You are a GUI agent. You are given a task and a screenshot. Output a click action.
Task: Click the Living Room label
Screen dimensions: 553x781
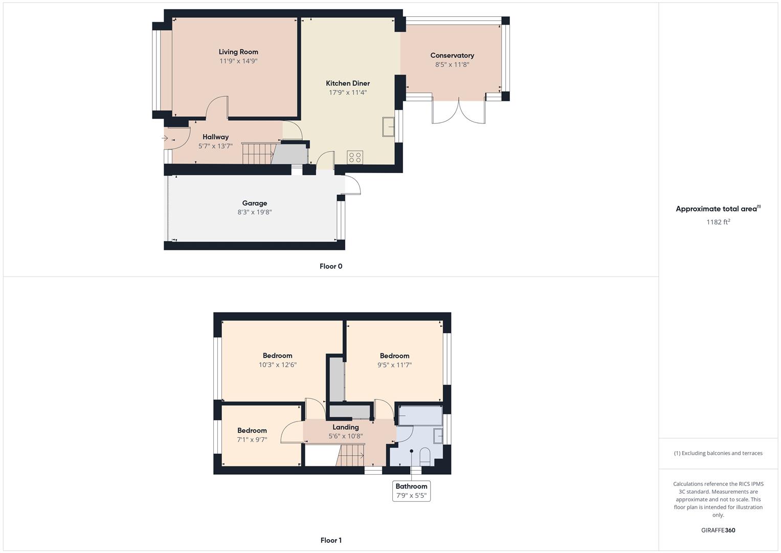coord(238,52)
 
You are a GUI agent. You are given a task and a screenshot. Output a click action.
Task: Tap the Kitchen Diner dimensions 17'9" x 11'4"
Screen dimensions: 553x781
coord(348,93)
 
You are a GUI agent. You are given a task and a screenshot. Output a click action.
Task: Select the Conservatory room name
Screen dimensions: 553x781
coord(452,55)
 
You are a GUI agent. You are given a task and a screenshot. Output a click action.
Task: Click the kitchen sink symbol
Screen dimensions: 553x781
coord(388,127)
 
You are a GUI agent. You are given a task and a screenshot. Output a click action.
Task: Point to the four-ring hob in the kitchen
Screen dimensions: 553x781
coord(355,157)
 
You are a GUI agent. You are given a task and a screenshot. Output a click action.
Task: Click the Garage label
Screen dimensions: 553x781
coord(255,203)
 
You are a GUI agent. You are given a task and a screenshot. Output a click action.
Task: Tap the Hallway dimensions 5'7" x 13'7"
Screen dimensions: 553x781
coord(215,146)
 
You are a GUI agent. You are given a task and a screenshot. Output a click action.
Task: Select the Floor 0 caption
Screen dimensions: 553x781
coord(331,266)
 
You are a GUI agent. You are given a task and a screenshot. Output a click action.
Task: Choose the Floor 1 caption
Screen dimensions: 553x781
coord(331,540)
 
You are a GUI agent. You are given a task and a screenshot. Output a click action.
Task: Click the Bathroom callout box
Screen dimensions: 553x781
coord(411,491)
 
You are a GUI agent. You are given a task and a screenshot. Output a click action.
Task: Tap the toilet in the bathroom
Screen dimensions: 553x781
coord(425,456)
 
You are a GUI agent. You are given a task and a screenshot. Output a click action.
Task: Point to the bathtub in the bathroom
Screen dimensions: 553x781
coord(420,416)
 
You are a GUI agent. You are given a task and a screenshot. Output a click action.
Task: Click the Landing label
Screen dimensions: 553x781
coord(346,427)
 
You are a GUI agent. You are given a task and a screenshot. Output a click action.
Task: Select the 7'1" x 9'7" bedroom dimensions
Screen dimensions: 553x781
coord(252,439)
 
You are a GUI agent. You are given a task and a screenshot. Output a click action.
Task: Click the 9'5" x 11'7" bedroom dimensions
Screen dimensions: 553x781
coord(394,365)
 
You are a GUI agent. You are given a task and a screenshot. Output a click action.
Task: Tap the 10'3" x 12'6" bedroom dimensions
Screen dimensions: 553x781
coord(278,365)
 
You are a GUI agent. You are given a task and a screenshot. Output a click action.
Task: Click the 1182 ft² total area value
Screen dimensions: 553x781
coord(718,222)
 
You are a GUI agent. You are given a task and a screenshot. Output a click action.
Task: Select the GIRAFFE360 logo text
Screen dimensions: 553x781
coord(718,530)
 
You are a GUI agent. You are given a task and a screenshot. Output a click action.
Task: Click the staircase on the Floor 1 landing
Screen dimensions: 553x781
coord(351,455)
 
